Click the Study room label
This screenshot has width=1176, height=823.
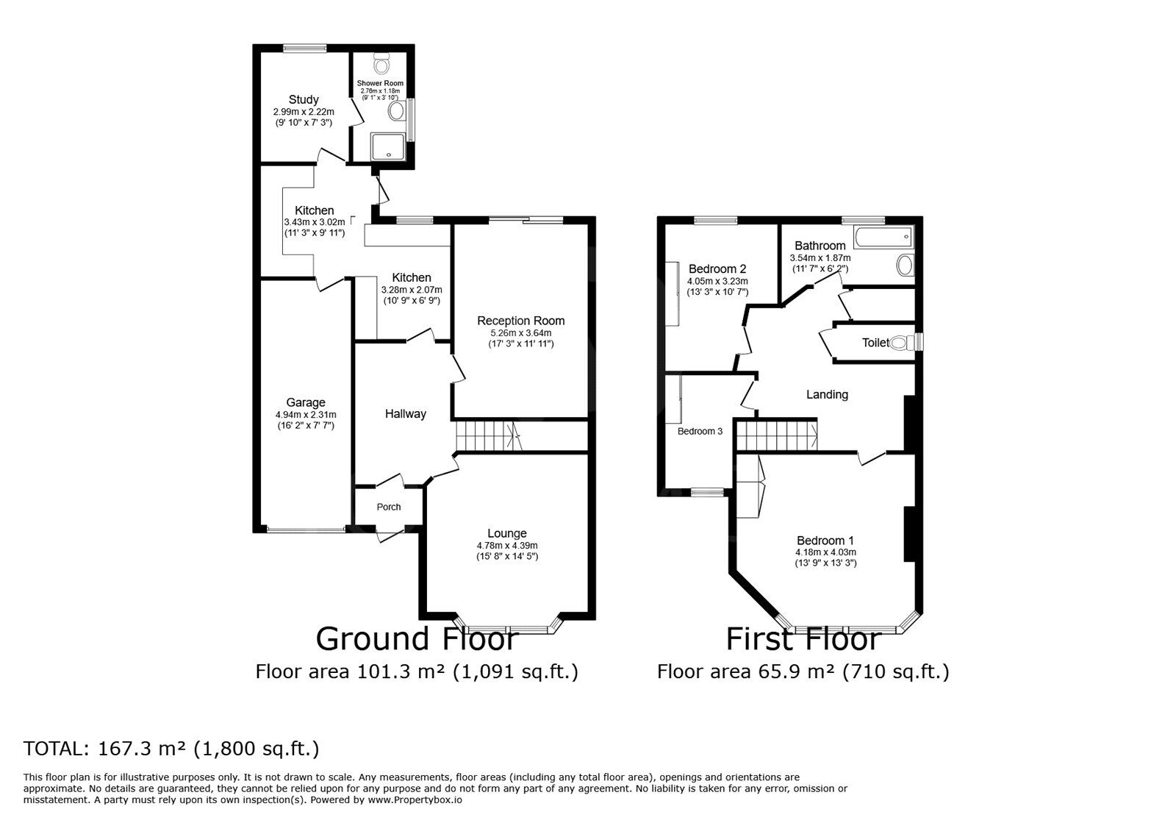pyautogui.click(x=304, y=100)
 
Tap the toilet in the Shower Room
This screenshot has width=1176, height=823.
pyautogui.click(x=381, y=63)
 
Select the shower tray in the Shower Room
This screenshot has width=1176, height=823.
pyautogui.click(x=388, y=146)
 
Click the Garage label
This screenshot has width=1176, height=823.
pyautogui.click(x=306, y=403)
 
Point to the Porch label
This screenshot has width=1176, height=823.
pyautogui.click(x=389, y=507)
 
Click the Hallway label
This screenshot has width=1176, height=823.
pyautogui.click(x=405, y=414)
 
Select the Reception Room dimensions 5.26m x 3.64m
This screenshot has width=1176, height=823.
pyautogui.click(x=521, y=333)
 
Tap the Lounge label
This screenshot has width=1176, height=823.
pyautogui.click(x=506, y=534)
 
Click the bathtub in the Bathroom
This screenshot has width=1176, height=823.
pyautogui.click(x=884, y=238)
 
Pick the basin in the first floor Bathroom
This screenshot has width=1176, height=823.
pyautogui.click(x=905, y=266)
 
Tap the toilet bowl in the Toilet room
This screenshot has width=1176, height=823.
pyautogui.click(x=902, y=343)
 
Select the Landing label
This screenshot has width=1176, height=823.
pyautogui.click(x=827, y=394)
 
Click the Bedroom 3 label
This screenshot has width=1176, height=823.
pyautogui.click(x=700, y=431)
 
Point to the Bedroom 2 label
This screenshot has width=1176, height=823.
pyautogui.click(x=717, y=269)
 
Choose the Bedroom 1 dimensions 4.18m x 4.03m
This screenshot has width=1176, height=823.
pyautogui.click(x=825, y=552)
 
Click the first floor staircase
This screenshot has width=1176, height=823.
pyautogui.click(x=776, y=435)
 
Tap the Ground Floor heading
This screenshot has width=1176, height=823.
pyautogui.click(x=417, y=640)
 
